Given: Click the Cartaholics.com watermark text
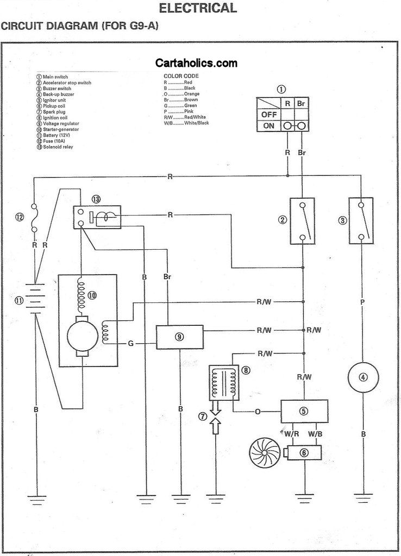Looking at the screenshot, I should point(196,63).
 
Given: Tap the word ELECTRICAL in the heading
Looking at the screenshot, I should point(197,8).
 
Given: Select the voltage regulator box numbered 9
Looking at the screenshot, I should point(179,337).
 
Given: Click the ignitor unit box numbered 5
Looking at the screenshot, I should point(303,411).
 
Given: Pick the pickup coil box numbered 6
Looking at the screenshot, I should point(303,452).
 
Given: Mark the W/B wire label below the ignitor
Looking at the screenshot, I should point(315,434).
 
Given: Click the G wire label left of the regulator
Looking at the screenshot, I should point(131,344).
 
